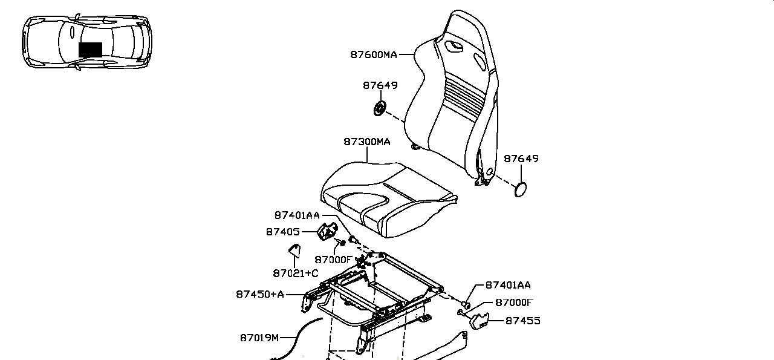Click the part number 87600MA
[x=374, y=54]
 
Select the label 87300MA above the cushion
[x=366, y=142]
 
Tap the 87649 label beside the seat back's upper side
[x=380, y=85]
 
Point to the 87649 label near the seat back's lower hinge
[x=521, y=159]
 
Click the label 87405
[x=282, y=232]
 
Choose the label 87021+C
[x=296, y=273]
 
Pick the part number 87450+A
[x=260, y=294]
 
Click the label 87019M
[x=259, y=338]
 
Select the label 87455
[x=523, y=321]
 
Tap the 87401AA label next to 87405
[x=297, y=215]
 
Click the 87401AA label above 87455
[x=508, y=285]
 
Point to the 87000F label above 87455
[x=514, y=303]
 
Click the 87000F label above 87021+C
[x=333, y=260]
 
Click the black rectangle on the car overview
[x=90, y=50]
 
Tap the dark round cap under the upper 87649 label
[x=380, y=108]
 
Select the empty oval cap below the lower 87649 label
[x=521, y=189]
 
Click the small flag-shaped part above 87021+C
[x=294, y=250]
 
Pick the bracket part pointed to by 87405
[x=327, y=231]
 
